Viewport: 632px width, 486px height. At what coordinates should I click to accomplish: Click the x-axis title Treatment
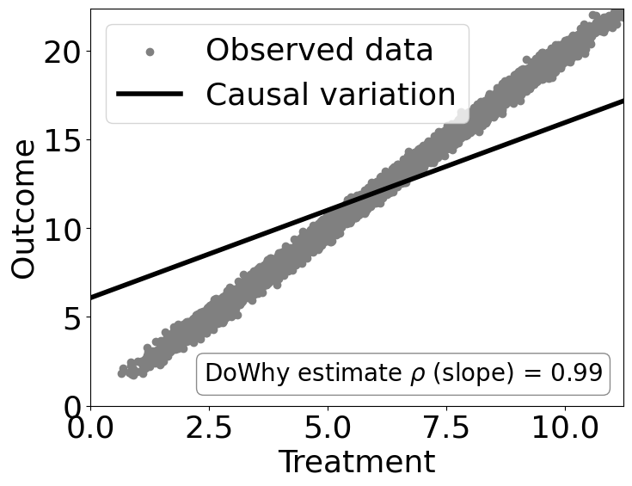click(x=356, y=462)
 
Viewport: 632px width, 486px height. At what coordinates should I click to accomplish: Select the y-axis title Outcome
click(x=23, y=208)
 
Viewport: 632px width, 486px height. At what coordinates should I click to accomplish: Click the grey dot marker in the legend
click(x=150, y=52)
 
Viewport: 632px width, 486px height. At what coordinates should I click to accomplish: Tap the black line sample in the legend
click(x=150, y=93)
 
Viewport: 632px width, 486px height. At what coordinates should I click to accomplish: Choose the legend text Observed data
click(x=319, y=51)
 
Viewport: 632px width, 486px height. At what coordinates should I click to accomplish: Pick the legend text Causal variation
click(x=330, y=94)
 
